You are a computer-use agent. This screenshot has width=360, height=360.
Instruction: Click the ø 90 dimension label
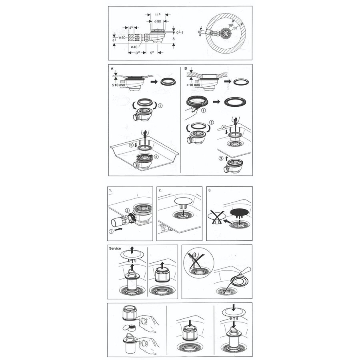(x=158, y=21)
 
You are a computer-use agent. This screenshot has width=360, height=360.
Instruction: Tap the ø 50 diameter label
(x=122, y=38)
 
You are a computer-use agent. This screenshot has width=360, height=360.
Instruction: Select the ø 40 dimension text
(x=134, y=47)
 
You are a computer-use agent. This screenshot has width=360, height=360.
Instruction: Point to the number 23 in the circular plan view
(x=235, y=28)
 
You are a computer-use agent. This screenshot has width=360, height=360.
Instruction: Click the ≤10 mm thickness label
(x=118, y=85)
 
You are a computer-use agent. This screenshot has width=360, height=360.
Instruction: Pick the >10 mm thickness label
(x=193, y=85)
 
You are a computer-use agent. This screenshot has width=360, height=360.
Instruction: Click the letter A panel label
(x=112, y=68)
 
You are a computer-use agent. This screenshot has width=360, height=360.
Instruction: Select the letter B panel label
(x=186, y=68)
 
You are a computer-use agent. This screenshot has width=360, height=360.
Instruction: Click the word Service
(x=115, y=248)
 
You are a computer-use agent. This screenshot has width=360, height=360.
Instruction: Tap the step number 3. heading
(x=210, y=190)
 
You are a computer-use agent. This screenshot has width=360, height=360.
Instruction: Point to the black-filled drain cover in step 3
(x=240, y=213)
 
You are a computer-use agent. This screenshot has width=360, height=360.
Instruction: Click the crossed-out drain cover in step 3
(x=216, y=217)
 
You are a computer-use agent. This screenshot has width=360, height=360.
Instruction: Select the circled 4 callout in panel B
(x=224, y=127)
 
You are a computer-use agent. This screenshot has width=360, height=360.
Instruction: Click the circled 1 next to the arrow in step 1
(x=111, y=232)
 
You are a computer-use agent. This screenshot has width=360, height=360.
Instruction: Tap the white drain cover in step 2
(x=184, y=202)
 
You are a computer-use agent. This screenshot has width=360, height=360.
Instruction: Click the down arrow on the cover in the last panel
(x=234, y=308)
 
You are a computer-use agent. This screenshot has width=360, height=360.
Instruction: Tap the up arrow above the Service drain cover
(x=132, y=250)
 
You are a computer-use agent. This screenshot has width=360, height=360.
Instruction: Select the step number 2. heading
(x=160, y=190)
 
